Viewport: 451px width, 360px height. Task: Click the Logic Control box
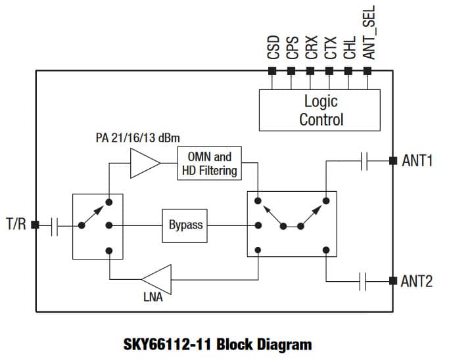pyautogui.click(x=320, y=110)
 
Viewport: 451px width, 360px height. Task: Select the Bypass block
pyautogui.click(x=185, y=226)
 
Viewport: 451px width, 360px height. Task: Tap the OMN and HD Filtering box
pyautogui.click(x=209, y=163)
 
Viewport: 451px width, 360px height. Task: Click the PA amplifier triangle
pyautogui.click(x=145, y=163)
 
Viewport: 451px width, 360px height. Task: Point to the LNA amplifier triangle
pyautogui.click(x=156, y=280)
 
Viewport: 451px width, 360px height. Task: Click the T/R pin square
pyautogui.click(x=35, y=225)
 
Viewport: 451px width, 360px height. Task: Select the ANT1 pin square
pyautogui.click(x=393, y=160)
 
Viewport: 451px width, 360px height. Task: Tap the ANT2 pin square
pyautogui.click(x=393, y=281)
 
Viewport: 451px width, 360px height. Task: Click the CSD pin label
pyautogui.click(x=273, y=47)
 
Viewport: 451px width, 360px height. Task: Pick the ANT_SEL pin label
pyautogui.click(x=369, y=32)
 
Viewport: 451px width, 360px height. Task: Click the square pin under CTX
pyautogui.click(x=329, y=71)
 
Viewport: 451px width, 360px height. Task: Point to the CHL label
pyautogui.click(x=350, y=48)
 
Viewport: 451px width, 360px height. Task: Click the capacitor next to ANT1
pyautogui.click(x=364, y=161)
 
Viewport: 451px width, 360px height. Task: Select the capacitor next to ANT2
pyautogui.click(x=363, y=281)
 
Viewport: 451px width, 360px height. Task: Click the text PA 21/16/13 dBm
pyautogui.click(x=138, y=138)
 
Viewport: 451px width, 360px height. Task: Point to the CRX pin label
pyautogui.click(x=312, y=47)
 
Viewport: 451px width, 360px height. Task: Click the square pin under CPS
pyautogui.click(x=291, y=71)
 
